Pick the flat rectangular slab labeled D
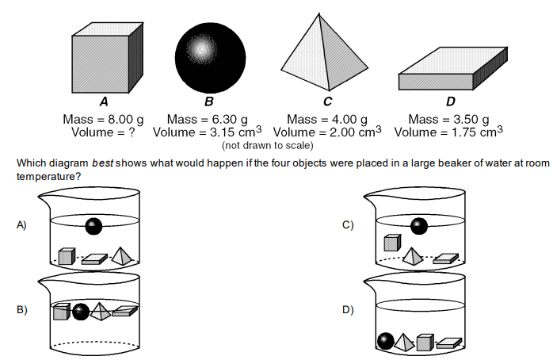click(449, 72)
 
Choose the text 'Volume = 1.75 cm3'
click(448, 132)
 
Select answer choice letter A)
click(22, 225)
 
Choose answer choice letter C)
click(347, 225)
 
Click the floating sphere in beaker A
click(94, 226)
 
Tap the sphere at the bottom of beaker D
click(386, 341)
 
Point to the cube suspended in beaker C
click(391, 243)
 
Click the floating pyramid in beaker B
click(100, 311)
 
